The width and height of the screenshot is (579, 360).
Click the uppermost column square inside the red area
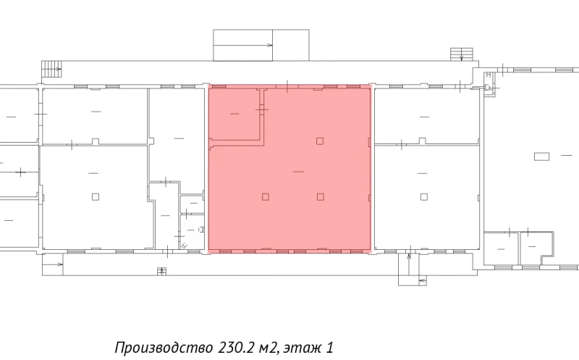click(x=319, y=140)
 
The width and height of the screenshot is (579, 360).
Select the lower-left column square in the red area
click(x=266, y=196)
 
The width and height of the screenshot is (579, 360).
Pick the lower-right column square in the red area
click(x=319, y=196)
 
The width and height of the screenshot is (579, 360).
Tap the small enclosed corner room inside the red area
click(x=234, y=113)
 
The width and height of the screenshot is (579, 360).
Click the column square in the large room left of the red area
click(x=96, y=196)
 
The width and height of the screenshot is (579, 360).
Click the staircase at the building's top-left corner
click(x=52, y=68)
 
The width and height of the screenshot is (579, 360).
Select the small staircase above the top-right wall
click(x=460, y=54)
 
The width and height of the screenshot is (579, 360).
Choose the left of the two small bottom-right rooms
click(x=501, y=247)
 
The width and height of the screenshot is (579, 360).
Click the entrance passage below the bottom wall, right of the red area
click(x=410, y=269)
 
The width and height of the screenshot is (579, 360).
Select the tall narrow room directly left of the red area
click(x=177, y=134)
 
